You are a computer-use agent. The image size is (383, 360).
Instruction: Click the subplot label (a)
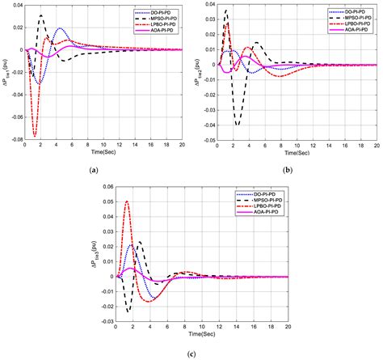coord(95,169)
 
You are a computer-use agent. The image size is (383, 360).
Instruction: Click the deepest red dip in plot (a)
coord(34,134)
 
